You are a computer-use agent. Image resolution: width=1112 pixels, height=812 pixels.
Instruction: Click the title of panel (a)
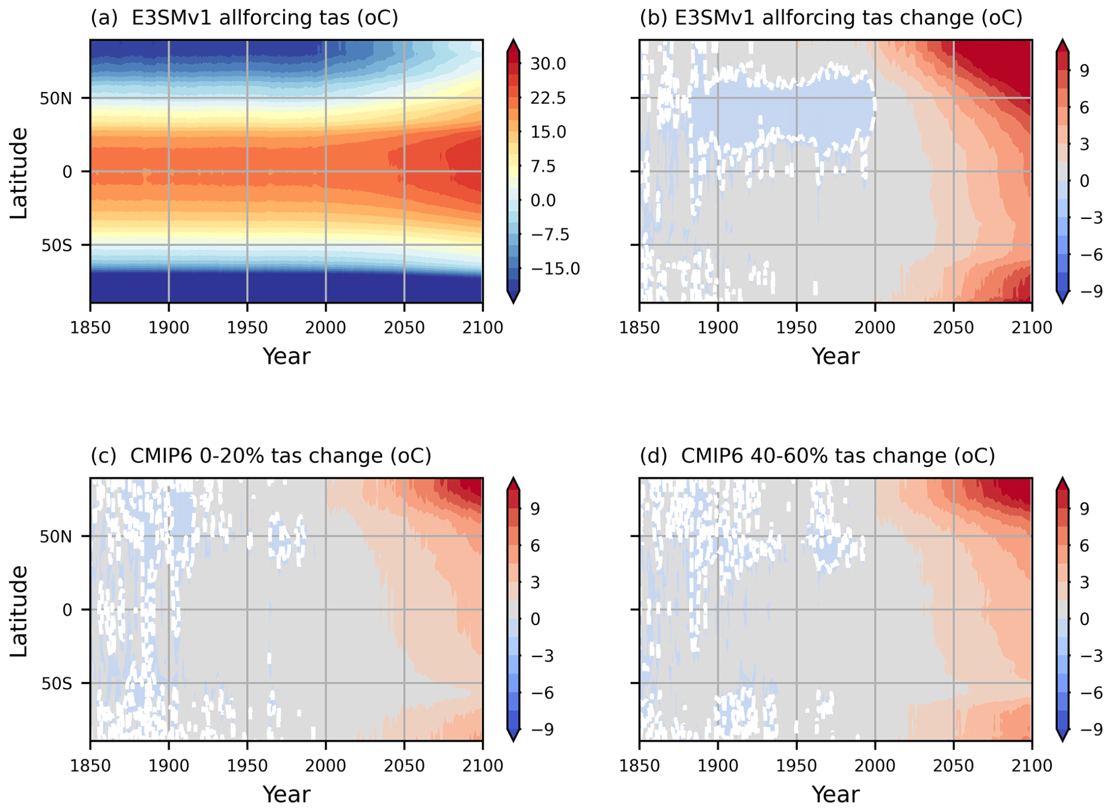244,18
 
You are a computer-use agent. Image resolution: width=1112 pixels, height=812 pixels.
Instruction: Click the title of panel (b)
831,18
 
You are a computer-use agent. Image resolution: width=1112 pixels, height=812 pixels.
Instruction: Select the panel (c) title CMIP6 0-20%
261,456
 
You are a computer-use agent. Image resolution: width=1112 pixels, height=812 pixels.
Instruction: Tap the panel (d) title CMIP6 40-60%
817,456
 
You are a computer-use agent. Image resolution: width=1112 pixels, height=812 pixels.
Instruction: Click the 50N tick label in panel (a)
56,98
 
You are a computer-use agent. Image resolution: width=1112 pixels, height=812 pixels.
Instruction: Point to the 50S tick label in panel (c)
56,683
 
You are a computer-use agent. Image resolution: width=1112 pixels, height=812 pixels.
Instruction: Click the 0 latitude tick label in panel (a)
67,172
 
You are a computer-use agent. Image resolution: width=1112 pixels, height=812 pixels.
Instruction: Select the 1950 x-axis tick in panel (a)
247,328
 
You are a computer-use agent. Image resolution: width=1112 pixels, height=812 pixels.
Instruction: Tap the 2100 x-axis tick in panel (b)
1031,328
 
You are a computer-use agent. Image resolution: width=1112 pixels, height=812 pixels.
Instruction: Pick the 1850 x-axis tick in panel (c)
90,766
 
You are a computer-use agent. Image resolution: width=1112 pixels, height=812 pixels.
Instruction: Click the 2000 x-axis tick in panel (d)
875,766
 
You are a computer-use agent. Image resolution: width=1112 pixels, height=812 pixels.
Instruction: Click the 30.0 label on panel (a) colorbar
548,64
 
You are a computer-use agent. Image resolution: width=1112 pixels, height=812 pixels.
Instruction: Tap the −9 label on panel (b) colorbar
1090,291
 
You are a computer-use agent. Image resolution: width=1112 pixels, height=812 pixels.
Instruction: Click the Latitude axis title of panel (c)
19,611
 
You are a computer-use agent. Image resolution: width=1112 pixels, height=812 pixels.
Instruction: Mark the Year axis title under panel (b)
835,356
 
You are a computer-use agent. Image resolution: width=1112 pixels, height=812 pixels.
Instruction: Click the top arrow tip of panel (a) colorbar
514,40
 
